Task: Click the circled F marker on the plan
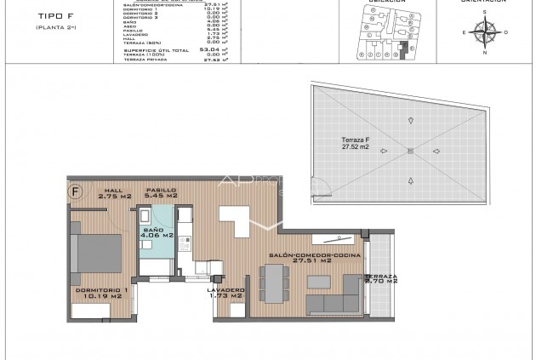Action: click(77, 191)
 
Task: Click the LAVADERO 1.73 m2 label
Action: click(226, 293)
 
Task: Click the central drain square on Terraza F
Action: click(410, 151)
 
